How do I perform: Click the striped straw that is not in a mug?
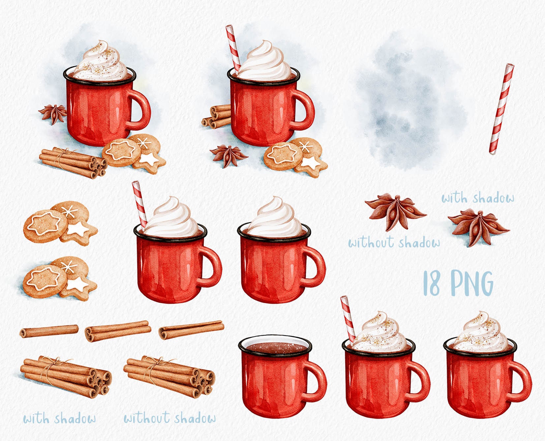[x=501, y=109]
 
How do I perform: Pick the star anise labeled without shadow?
[x=396, y=211]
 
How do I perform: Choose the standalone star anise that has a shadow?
[x=478, y=228]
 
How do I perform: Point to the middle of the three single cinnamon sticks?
[x=118, y=331]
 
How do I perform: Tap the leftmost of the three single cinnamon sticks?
[x=49, y=331]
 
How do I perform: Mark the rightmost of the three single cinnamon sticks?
[x=191, y=329]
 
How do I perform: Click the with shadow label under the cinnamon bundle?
[x=60, y=419]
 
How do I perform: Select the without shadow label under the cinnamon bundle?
[x=170, y=418]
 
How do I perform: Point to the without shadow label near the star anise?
[x=394, y=243]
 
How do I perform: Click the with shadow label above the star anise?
[x=478, y=198]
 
